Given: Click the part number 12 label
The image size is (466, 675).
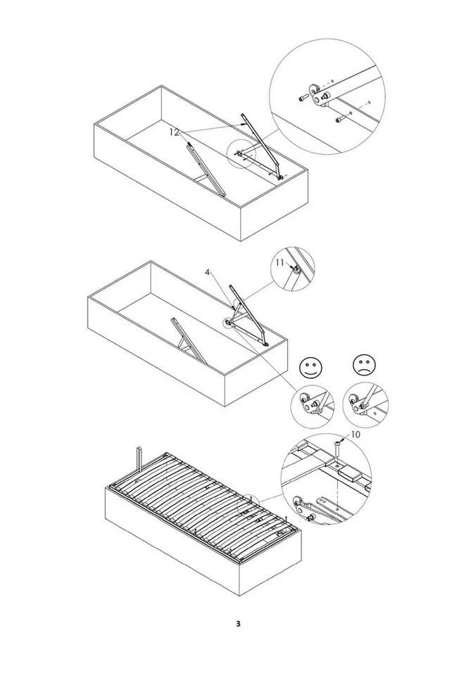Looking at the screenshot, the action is pyautogui.click(x=174, y=133).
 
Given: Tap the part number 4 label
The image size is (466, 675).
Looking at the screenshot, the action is pyautogui.click(x=208, y=273).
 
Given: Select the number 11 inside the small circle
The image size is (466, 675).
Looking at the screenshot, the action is pyautogui.click(x=279, y=262).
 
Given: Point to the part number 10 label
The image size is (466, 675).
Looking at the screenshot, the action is pyautogui.click(x=355, y=435).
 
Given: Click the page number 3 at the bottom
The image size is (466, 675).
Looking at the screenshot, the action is pyautogui.click(x=238, y=624).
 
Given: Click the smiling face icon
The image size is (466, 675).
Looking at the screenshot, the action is pyautogui.click(x=311, y=367).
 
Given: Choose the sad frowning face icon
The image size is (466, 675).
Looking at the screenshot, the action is pyautogui.click(x=365, y=366).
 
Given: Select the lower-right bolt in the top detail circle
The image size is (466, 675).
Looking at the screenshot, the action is pyautogui.click(x=341, y=118).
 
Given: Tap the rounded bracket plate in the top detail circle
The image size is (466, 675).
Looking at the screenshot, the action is pyautogui.click(x=317, y=94).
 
